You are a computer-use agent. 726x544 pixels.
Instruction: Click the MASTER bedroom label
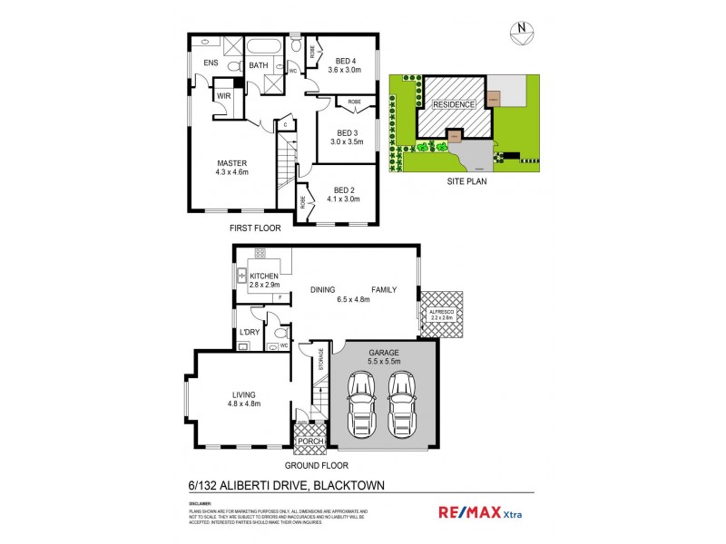coord(231,163)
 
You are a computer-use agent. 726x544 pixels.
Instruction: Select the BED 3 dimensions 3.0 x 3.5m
coord(346,141)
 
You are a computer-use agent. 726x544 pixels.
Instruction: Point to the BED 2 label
coord(342,189)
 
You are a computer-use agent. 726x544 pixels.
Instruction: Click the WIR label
coord(224,94)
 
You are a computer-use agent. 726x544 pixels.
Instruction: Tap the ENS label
coord(211,63)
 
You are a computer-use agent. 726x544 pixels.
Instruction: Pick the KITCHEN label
coord(264,276)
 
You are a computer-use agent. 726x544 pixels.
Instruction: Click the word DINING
coord(323,290)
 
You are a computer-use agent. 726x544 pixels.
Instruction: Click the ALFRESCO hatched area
coord(441,314)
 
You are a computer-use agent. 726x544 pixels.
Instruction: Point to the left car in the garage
coord(361,403)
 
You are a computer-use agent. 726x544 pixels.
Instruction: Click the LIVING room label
coord(245,393)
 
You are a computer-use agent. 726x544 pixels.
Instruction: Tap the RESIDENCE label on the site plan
coord(453,105)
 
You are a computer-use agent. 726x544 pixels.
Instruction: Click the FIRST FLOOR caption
coord(255,228)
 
